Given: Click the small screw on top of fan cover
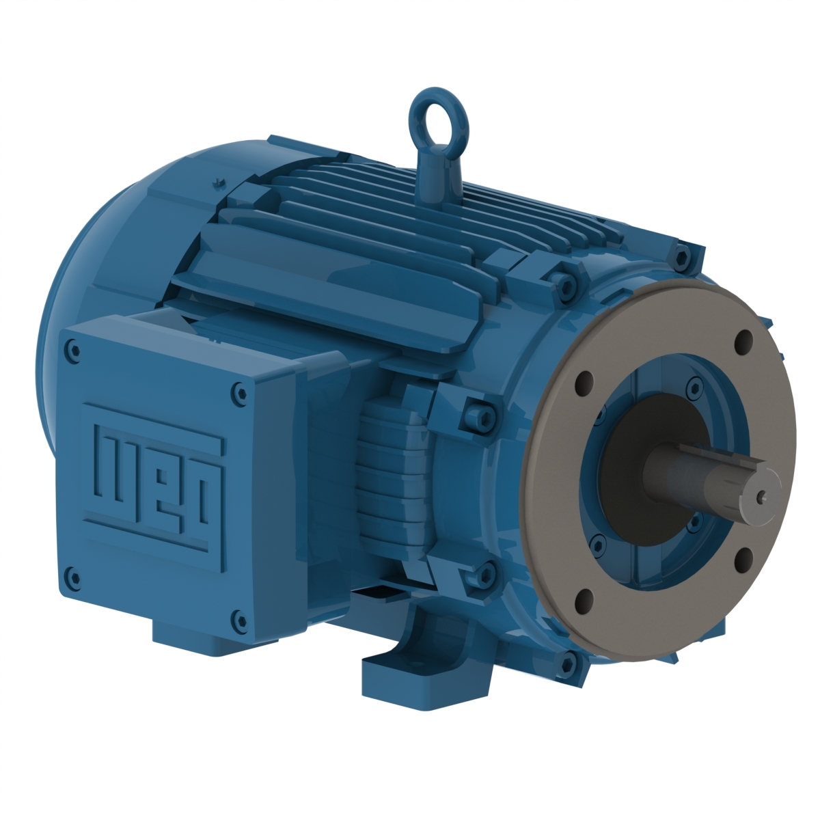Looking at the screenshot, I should (217, 181).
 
